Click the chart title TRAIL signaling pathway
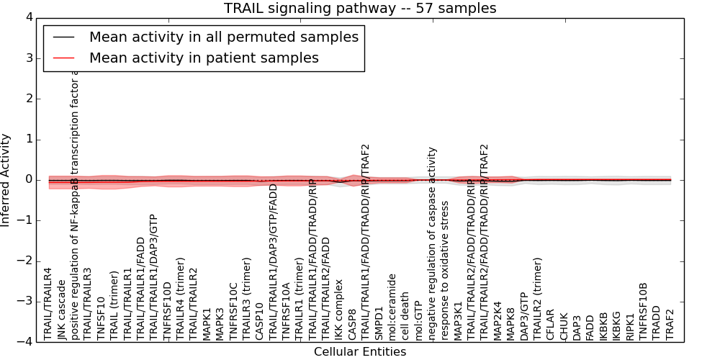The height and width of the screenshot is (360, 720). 360,9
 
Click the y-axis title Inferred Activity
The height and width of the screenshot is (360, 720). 6,179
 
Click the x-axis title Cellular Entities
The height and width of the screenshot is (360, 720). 360,352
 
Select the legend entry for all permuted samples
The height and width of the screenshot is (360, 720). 223,37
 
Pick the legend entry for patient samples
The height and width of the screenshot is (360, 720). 204,58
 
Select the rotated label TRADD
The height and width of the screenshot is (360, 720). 657,322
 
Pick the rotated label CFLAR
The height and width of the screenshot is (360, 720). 551,324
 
